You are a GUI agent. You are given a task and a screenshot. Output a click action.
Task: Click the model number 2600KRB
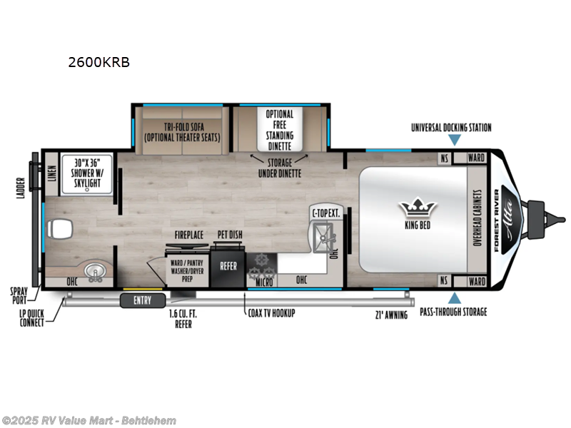click(x=98, y=62)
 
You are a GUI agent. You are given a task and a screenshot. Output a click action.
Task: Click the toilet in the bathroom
click(x=59, y=230)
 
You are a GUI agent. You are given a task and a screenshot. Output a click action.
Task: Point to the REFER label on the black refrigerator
click(x=228, y=266)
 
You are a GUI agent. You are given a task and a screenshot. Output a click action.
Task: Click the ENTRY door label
click(x=142, y=300)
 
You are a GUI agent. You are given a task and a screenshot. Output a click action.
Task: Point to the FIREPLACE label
click(x=189, y=234)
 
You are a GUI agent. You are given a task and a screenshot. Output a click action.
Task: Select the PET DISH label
click(x=229, y=234)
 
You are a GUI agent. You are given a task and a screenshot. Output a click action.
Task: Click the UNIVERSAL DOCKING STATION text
click(x=451, y=128)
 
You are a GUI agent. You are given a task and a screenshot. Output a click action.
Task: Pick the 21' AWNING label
click(x=390, y=315)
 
